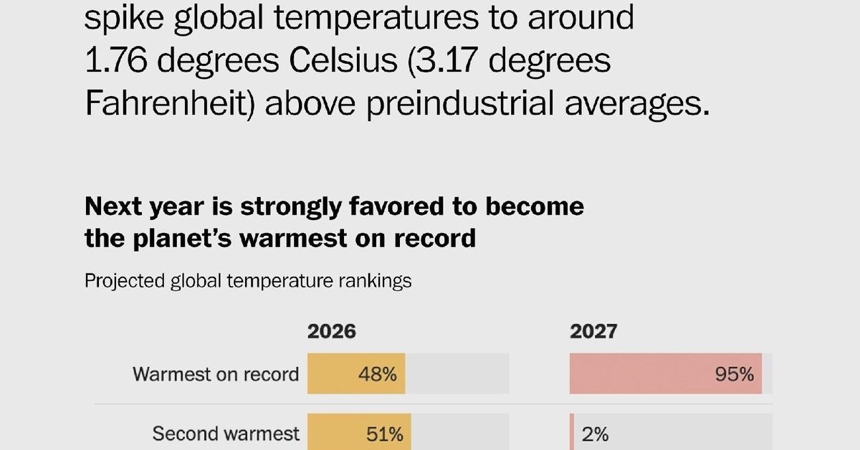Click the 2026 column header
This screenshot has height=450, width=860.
coord(332,331)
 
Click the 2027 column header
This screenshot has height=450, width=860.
coord(593,331)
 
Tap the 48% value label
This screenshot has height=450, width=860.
coord(378,374)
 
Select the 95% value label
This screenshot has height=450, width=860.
coord(735,374)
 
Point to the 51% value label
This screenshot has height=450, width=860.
coord(385,434)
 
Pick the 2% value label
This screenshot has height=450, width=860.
coord(595,434)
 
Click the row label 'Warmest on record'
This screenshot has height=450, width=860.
coord(216,374)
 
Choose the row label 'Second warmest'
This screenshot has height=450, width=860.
coord(226,434)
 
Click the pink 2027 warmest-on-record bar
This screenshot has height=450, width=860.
coord(666,373)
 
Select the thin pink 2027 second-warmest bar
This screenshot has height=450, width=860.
coord(572,431)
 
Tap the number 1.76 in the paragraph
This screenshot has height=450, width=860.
coord(116,60)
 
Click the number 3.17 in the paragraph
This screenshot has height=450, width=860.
coord(446,60)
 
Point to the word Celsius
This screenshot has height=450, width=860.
coord(343,60)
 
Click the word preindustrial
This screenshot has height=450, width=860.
coord(460,103)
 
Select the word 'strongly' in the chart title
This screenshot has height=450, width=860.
coord(291,207)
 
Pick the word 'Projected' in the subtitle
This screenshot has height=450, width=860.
coord(125,282)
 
